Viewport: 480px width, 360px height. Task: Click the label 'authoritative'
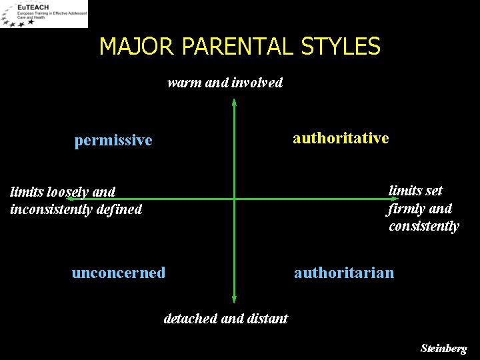pyautogui.click(x=341, y=138)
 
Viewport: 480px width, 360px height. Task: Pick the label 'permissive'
pyautogui.click(x=113, y=140)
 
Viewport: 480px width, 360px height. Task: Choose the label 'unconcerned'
pyautogui.click(x=119, y=273)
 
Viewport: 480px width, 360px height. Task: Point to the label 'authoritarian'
pyautogui.click(x=344, y=273)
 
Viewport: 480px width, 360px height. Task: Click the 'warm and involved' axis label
pyautogui.click(x=225, y=83)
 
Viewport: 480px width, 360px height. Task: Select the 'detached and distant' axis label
pyautogui.click(x=225, y=319)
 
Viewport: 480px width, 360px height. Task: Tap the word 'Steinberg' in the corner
pyautogui.click(x=444, y=349)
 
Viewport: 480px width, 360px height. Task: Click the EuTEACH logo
pyautogui.click(x=44, y=14)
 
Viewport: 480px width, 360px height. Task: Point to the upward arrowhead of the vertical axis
pyautogui.click(x=234, y=103)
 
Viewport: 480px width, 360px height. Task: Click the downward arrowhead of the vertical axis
pyautogui.click(x=234, y=299)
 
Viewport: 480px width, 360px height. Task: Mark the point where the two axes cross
pyautogui.click(x=234, y=199)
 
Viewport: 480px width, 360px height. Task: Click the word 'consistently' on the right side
pyautogui.click(x=424, y=226)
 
